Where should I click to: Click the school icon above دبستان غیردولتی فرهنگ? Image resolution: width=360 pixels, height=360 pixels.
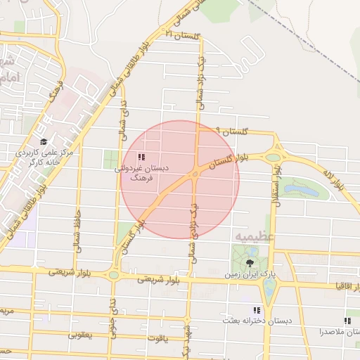coord(141,157)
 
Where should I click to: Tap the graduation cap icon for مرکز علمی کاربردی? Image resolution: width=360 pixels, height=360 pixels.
coord(44,141)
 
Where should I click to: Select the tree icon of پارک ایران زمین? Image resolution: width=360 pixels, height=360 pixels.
coord(250,262)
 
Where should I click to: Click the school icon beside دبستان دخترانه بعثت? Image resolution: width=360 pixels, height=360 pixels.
coord(257,310)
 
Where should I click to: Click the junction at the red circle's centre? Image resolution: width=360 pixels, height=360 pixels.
coord(195,174)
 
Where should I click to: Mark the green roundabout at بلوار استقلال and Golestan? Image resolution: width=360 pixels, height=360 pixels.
coord(274,157)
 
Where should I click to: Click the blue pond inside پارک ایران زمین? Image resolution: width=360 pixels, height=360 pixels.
coord(269,286)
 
